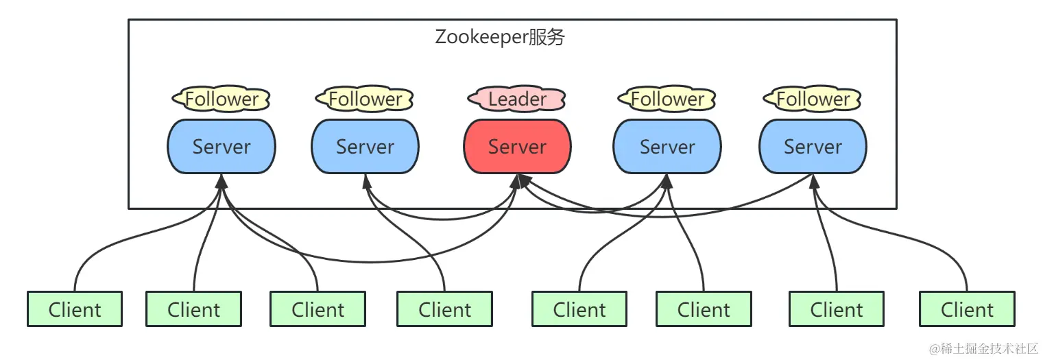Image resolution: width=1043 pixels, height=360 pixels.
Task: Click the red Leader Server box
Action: [517, 147]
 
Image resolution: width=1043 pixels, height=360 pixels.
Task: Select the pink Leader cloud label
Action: [517, 99]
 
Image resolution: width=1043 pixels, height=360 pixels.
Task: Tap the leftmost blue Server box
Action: [221, 147]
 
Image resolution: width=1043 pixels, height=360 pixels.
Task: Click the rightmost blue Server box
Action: [813, 147]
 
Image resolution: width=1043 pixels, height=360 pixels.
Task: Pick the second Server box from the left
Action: [365, 147]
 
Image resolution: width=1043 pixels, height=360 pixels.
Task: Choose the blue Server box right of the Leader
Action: [667, 147]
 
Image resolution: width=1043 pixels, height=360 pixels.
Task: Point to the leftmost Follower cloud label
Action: [221, 99]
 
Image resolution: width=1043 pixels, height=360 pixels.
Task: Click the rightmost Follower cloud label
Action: [813, 99]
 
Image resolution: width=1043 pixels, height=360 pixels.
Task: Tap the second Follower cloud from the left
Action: [365, 99]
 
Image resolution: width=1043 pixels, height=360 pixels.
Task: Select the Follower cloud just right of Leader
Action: [667, 99]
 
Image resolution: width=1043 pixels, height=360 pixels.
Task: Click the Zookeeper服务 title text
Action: [500, 37]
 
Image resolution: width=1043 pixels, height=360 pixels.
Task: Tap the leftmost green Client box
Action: [75, 309]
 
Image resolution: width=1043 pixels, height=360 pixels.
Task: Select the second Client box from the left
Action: [193, 309]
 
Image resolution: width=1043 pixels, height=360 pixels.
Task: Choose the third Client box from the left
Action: [317, 309]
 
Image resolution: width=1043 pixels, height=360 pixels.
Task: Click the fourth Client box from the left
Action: [444, 309]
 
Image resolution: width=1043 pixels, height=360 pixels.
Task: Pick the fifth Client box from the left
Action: [579, 309]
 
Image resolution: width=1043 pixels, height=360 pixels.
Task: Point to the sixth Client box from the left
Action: [704, 309]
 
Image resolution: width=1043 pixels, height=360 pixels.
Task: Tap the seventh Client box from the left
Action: [837, 309]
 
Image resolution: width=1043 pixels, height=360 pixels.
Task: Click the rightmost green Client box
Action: [967, 309]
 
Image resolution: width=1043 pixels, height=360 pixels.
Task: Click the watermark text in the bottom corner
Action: [983, 348]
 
